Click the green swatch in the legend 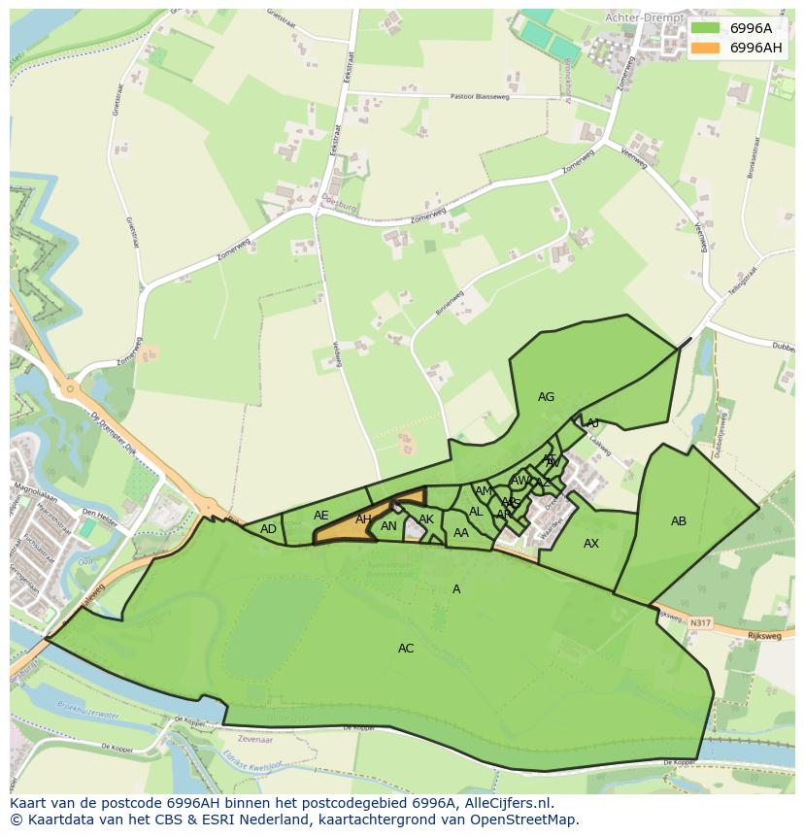click(706, 28)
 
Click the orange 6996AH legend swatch click(706, 48)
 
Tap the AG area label click(546, 397)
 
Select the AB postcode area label click(679, 521)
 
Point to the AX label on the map click(590, 544)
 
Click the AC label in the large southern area click(406, 649)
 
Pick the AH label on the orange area click(363, 520)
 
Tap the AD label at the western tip click(269, 529)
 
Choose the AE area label click(321, 516)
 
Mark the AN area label click(388, 527)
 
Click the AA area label click(461, 533)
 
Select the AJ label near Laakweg click(592, 423)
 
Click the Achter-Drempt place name click(644, 17)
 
